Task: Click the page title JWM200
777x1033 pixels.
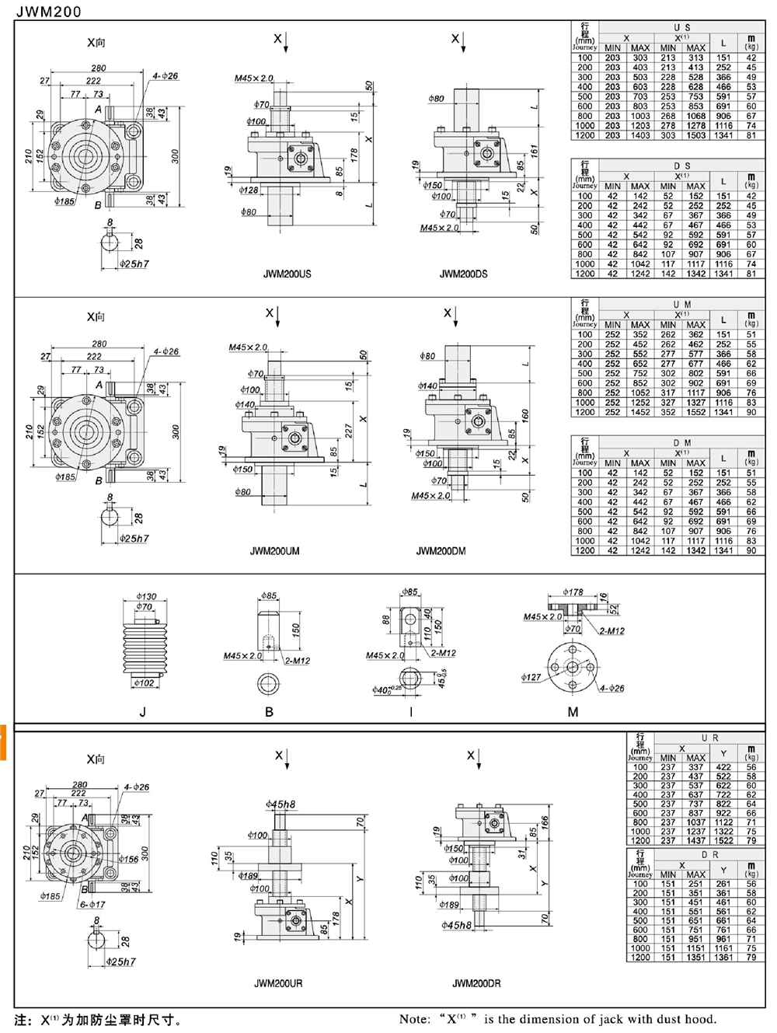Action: (47, 12)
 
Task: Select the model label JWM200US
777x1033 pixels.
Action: (287, 274)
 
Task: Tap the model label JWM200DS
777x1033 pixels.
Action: (464, 274)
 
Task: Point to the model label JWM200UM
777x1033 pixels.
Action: (274, 551)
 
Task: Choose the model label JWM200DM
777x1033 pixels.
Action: (441, 551)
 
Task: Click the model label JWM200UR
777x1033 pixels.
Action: (278, 983)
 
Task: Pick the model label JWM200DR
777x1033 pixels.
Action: (476, 983)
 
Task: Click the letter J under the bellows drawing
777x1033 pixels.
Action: (142, 711)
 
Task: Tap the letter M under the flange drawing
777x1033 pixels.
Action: (573, 711)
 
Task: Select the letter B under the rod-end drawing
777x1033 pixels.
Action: (269, 711)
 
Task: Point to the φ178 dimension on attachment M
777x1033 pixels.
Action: (573, 592)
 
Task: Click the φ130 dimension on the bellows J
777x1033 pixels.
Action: (146, 597)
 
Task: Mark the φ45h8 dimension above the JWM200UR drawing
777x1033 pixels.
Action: (280, 804)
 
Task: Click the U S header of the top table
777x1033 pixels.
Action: (682, 27)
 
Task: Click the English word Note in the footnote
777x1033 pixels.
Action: (414, 1019)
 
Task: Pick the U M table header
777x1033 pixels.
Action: (682, 304)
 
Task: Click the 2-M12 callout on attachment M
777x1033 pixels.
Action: (611, 630)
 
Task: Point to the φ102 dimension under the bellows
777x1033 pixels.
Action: (144, 683)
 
